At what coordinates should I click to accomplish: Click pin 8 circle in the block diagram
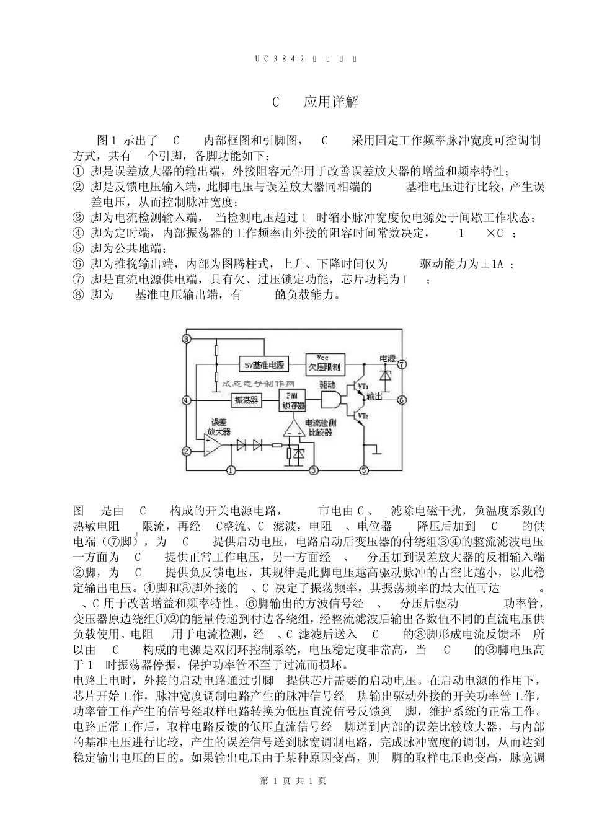tap(187, 338)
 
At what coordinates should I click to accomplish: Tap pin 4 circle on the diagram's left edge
tap(186, 400)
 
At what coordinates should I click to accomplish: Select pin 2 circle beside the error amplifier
tap(186, 451)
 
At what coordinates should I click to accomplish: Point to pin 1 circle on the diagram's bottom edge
tap(231, 470)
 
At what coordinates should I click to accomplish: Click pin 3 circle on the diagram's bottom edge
tap(314, 470)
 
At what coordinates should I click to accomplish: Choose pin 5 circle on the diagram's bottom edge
tap(364, 470)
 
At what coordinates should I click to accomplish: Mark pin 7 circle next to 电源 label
tap(401, 363)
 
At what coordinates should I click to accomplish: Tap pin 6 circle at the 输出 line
tap(401, 400)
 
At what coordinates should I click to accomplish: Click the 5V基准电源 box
tap(263, 364)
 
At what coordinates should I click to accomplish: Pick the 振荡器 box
tap(246, 400)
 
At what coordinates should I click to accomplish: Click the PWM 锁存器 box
tap(293, 400)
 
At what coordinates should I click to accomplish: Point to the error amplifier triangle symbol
tap(215, 444)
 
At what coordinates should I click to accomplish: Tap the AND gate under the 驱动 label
tap(329, 400)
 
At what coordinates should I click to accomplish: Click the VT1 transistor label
tap(363, 386)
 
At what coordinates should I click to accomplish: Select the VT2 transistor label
tap(363, 414)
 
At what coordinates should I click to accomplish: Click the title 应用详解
tap(330, 102)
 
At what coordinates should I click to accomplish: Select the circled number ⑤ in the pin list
tap(78, 249)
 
